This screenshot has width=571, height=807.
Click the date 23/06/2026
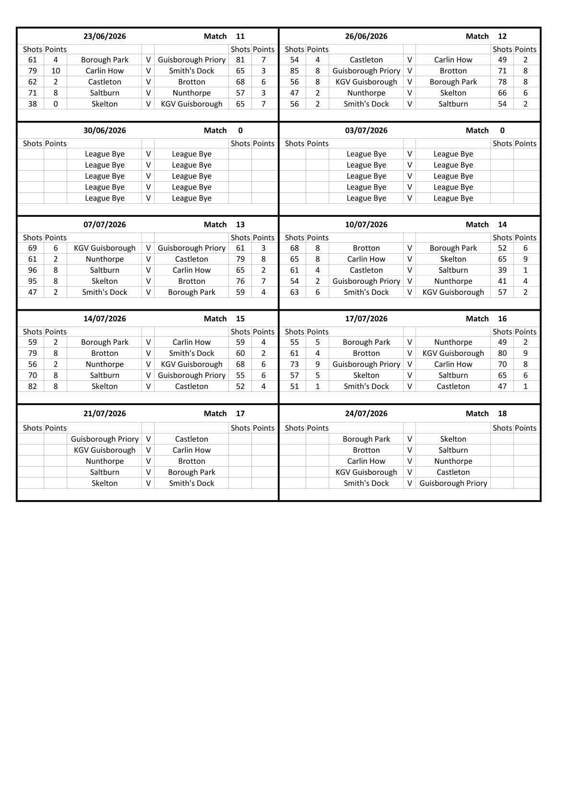pos(105,36)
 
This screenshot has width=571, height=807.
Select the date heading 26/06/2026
pos(366,36)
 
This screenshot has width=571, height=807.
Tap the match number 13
pos(240,224)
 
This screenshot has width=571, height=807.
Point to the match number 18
pos(502,413)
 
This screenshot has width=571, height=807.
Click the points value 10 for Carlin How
pos(56,71)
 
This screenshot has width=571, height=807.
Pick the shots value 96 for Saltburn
pos(33,270)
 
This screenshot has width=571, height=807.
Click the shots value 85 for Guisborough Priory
pos(295,71)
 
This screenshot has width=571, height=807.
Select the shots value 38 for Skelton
pos(33,104)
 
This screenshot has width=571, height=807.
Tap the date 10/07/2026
pos(366,224)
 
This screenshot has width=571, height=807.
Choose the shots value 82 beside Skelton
pos(33,386)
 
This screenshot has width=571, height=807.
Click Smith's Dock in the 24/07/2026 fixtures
pos(366,483)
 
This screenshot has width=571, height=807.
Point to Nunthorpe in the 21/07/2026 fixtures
pos(105,461)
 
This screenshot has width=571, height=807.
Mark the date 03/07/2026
pos(366,130)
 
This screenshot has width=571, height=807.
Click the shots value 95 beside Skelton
pos(33,281)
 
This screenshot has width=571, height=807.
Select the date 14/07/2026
pos(105,319)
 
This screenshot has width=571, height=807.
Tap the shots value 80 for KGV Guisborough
pos(502,353)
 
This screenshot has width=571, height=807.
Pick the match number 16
pos(502,319)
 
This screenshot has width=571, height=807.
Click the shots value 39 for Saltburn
pos(502,270)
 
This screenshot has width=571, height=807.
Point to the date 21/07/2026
pos(105,413)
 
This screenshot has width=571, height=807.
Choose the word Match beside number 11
pos(215,36)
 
